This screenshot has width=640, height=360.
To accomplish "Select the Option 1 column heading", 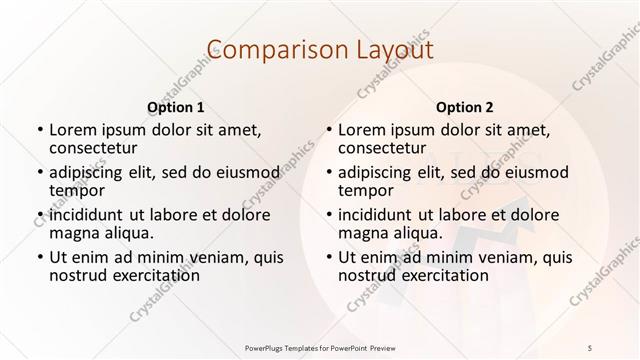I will pos(175,106).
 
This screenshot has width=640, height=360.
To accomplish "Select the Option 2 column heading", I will pos(464,106).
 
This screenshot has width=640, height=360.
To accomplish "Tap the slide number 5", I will pos(590,346).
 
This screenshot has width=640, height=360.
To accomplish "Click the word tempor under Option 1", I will pos(77,189).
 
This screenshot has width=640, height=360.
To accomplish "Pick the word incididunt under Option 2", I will pos(375,215).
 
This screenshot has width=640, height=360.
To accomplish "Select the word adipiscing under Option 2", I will pos(379,171).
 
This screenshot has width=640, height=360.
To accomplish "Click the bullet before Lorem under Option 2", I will pos(328,130).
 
